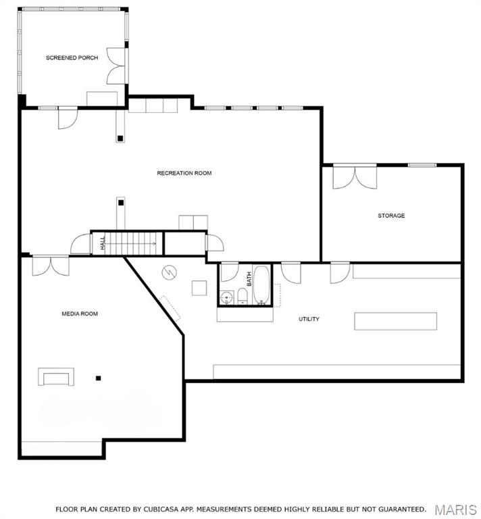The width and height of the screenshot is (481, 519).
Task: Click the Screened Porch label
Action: click(x=72, y=57)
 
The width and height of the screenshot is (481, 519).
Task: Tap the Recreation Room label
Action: click(x=184, y=173)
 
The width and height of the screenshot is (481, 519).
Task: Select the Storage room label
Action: click(x=391, y=216)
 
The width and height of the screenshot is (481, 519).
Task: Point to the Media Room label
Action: click(x=80, y=314)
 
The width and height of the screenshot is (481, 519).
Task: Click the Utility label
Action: click(x=309, y=319)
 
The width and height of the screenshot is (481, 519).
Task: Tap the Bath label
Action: click(x=249, y=278)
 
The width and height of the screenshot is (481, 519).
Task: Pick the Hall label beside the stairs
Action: click(x=103, y=243)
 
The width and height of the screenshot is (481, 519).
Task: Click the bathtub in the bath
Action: click(x=261, y=285)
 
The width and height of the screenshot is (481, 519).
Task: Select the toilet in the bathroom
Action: click(x=243, y=296)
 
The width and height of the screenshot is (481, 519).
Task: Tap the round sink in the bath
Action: click(x=226, y=297)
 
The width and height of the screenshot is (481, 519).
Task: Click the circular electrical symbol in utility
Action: click(x=169, y=272)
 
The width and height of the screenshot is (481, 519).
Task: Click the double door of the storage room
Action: click(x=355, y=177)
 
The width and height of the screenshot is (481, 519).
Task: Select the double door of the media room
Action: click(x=51, y=266)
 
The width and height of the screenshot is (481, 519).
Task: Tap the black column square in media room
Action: click(x=98, y=378)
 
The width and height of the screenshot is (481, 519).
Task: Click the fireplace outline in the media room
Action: click(x=56, y=376)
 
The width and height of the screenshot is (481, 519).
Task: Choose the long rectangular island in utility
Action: click(x=395, y=321)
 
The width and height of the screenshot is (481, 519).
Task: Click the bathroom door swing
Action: click(x=230, y=272)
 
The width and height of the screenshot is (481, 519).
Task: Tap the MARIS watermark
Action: click(x=455, y=510)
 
